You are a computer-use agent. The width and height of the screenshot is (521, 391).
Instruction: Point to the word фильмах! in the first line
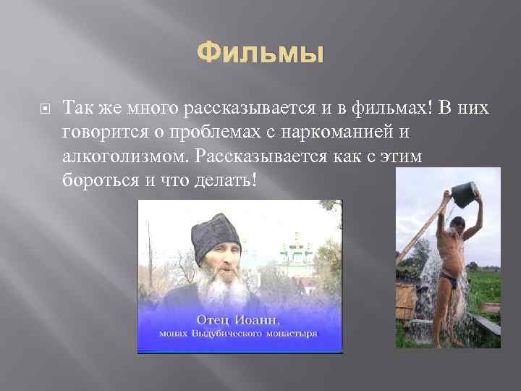click(391, 109)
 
